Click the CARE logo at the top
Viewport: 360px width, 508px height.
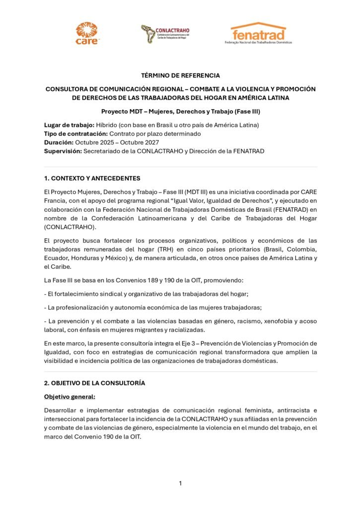coord(87,33)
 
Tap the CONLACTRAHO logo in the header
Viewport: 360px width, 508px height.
coord(164,34)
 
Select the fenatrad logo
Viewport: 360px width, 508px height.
coord(259,33)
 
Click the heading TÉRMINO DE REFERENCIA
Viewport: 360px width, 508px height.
coord(180,76)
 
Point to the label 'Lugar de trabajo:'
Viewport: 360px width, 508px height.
coord(66,124)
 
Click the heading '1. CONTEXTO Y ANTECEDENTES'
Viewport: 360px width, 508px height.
coord(92,178)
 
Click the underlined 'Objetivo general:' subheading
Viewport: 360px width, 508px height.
coord(69,397)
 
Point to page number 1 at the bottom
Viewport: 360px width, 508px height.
coord(180,483)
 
